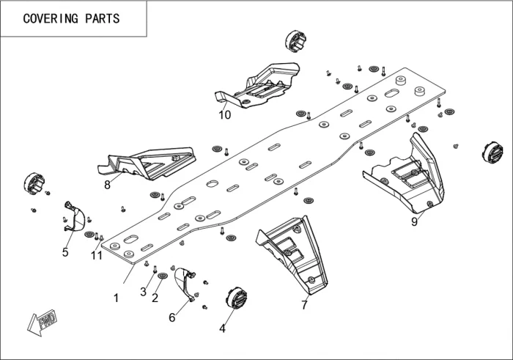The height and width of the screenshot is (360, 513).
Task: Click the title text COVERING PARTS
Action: click(71, 19)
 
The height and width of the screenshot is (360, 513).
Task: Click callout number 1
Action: click(116, 298)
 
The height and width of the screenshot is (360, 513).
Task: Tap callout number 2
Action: click(144, 292)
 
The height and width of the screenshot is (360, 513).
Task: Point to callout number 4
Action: click(65, 252)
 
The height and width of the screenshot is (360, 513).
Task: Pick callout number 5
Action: click(172, 317)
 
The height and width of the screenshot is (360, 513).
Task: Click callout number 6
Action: click(304, 305)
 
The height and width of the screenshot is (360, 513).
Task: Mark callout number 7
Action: click(108, 185)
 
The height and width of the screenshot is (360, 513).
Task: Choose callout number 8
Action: click(414, 222)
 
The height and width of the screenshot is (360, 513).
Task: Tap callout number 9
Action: click(224, 114)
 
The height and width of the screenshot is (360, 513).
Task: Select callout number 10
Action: click(97, 254)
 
